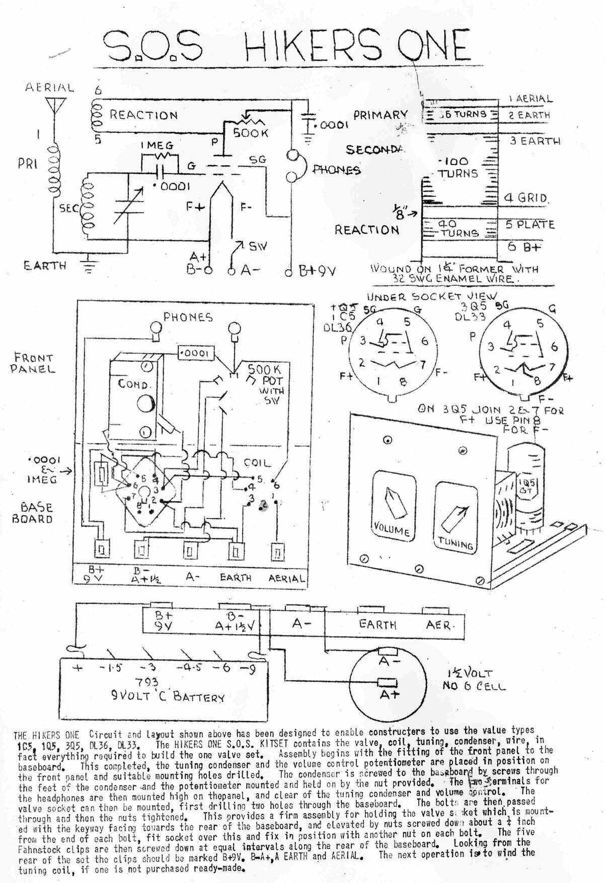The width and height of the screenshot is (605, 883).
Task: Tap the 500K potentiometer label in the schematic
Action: [x=251, y=133]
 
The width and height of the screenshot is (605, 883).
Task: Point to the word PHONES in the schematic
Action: [x=337, y=170]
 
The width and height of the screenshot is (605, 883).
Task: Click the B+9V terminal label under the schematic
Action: [x=317, y=272]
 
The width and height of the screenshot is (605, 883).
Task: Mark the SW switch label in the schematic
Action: [x=257, y=247]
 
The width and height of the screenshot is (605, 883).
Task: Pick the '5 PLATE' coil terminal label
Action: [x=530, y=224]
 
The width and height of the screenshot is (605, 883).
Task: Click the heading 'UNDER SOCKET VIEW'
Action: [x=432, y=296]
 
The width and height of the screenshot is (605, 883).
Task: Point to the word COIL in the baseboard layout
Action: [x=257, y=462]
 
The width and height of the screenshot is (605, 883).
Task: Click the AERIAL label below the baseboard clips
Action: [x=287, y=579]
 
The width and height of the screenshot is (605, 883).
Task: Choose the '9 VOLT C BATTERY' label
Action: [x=167, y=697]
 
